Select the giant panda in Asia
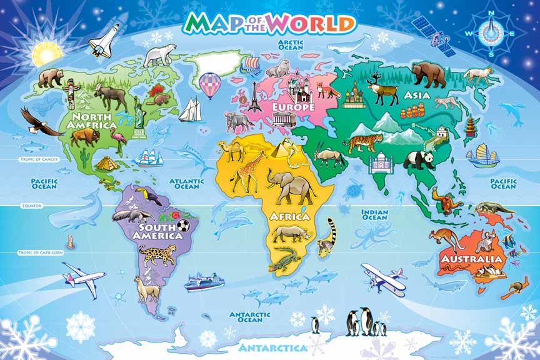coord(418,160)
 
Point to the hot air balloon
coord(210,84)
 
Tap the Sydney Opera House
coord(487,271)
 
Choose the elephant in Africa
coord(290,186)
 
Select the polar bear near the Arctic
coord(160,56)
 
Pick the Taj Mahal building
coord(379,164)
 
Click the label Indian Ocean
coord(375,214)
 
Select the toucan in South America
coord(150,196)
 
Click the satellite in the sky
coord(433,34)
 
